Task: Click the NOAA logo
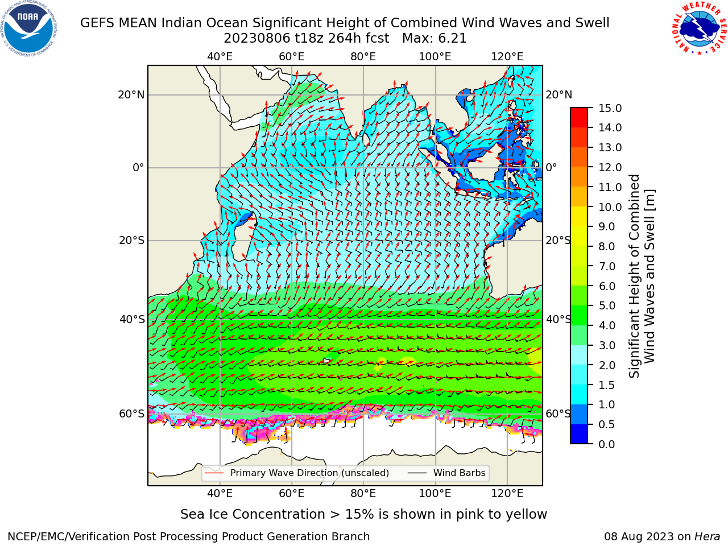[28, 28]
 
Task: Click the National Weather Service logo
[699, 28]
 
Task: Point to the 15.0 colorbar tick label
[610, 108]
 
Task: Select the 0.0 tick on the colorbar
[607, 444]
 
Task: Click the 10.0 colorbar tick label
[610, 207]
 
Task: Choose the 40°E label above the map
[220, 57]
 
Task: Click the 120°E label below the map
[507, 493]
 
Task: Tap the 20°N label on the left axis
[131, 95]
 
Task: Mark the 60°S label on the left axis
[132, 413]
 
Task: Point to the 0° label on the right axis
[551, 167]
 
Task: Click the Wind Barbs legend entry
[446, 473]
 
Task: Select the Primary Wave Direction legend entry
[297, 473]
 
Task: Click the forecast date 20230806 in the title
[257, 39]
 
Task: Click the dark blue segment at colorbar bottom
[579, 434]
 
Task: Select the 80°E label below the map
[363, 493]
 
